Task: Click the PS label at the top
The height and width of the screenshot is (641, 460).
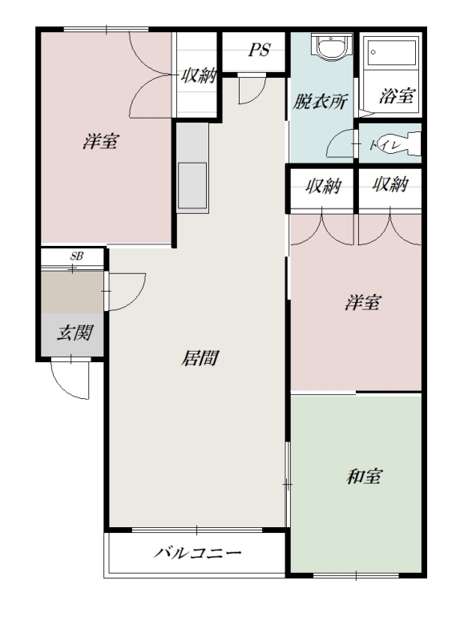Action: (x=259, y=50)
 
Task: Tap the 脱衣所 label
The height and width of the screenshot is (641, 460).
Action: (x=321, y=102)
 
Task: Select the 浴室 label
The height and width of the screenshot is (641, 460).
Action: (x=397, y=95)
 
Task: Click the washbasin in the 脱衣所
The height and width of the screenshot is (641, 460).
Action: (x=331, y=47)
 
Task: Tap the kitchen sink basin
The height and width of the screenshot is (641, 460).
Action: (x=192, y=186)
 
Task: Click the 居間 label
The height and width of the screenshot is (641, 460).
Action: (x=200, y=358)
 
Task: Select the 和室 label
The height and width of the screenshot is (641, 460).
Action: (x=365, y=477)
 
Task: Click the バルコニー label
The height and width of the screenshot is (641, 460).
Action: (x=198, y=553)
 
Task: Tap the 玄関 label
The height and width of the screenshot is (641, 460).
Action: (x=75, y=333)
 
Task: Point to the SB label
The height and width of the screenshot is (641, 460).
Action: (x=76, y=256)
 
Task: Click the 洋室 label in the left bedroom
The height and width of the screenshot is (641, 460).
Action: (x=101, y=142)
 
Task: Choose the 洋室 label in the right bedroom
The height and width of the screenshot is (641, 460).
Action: (x=363, y=303)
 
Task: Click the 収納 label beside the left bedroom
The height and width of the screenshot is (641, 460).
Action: (x=199, y=75)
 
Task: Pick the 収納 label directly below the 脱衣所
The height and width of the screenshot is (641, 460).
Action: (x=323, y=186)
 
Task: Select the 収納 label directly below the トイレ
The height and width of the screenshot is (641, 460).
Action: (x=390, y=184)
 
